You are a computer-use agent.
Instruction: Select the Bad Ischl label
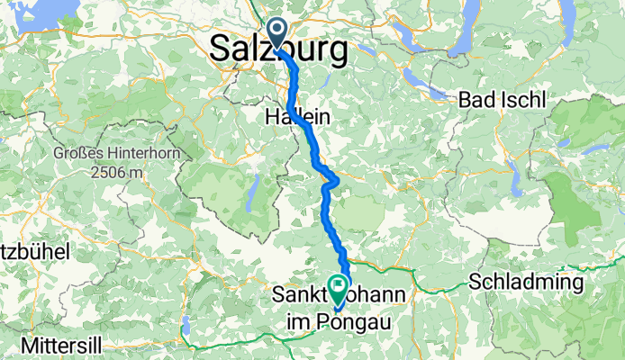502,100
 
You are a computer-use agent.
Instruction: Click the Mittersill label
44,344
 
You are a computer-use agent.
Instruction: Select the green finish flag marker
340,289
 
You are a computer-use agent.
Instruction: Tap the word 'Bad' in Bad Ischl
476,100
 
